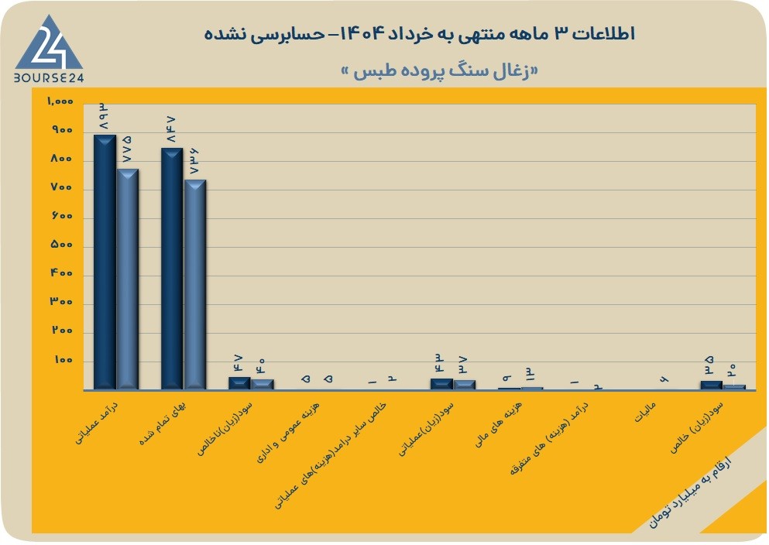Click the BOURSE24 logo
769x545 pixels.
coord(49,49)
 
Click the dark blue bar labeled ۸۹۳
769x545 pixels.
coord(105,262)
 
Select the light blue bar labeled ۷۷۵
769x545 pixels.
coord(128,279)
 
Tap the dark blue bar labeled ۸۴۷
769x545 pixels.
coord(172,269)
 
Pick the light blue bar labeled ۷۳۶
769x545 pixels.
coord(194,285)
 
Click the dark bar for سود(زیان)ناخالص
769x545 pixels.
coord(239,383)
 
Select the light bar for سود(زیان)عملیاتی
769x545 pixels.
coord(464,385)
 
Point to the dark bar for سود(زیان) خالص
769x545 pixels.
coord(712,386)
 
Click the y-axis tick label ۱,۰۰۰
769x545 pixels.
coord(60,101)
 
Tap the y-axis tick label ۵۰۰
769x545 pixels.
coord(62,244)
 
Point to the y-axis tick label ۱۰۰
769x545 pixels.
coord(64,359)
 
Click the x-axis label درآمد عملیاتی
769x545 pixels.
coord(96,423)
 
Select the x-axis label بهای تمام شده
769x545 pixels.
coord(163,424)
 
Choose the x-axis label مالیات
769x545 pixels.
coord(645,413)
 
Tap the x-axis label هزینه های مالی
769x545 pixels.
coord(499,424)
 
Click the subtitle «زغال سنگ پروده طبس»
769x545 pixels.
coord(439,70)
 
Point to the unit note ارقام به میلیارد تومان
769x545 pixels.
coord(689,493)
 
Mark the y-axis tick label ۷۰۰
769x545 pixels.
coord(62,187)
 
